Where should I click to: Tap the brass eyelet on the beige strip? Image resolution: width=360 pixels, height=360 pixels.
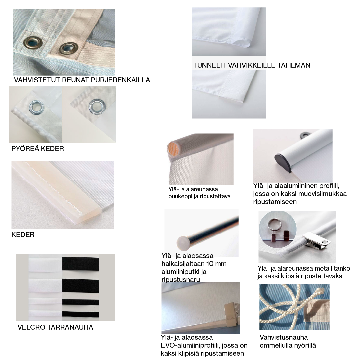tap(69, 48)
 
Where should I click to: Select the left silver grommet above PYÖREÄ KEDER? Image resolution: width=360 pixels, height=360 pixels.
tap(36, 107)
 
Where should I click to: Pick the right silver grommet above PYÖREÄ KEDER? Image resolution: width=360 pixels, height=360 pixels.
tap(97, 107)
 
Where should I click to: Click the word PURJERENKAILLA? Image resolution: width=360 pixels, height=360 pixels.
tap(121, 80)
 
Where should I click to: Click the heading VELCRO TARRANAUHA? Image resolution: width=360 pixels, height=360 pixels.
tap(55, 327)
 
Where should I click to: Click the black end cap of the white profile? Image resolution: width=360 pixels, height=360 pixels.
tap(283, 162)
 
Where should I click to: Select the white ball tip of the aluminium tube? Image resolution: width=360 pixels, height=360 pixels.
tap(183, 243)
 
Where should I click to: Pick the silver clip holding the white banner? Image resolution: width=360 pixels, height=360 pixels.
tap(316, 241)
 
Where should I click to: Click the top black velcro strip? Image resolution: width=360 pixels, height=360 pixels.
tap(81, 264)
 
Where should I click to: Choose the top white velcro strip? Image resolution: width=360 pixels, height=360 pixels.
tap(45, 265)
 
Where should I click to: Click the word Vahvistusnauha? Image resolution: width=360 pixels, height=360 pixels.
tap(284, 337)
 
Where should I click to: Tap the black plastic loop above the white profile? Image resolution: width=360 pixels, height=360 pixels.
tap(305, 135)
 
